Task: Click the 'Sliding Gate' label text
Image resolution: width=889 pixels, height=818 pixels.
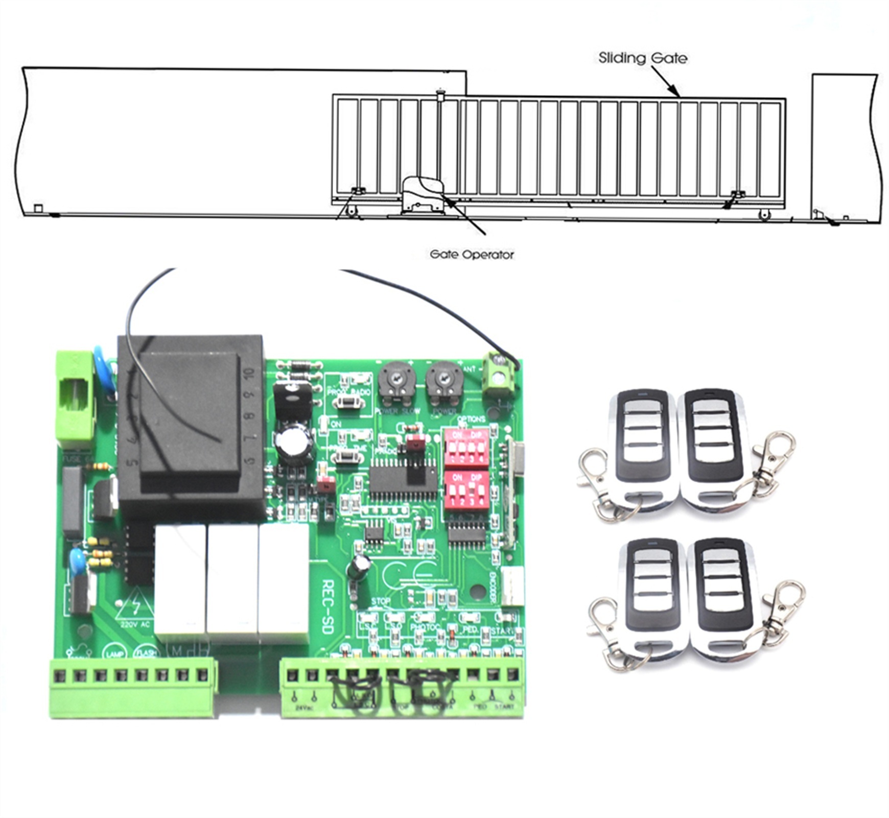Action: tap(642, 58)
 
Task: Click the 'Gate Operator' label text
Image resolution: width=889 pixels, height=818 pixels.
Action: tap(471, 254)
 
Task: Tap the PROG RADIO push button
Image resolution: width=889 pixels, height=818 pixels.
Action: tap(348, 402)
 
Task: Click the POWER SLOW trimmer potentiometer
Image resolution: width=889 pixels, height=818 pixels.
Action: tap(396, 381)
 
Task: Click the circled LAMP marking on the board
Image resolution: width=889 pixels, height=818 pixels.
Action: tap(113, 653)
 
